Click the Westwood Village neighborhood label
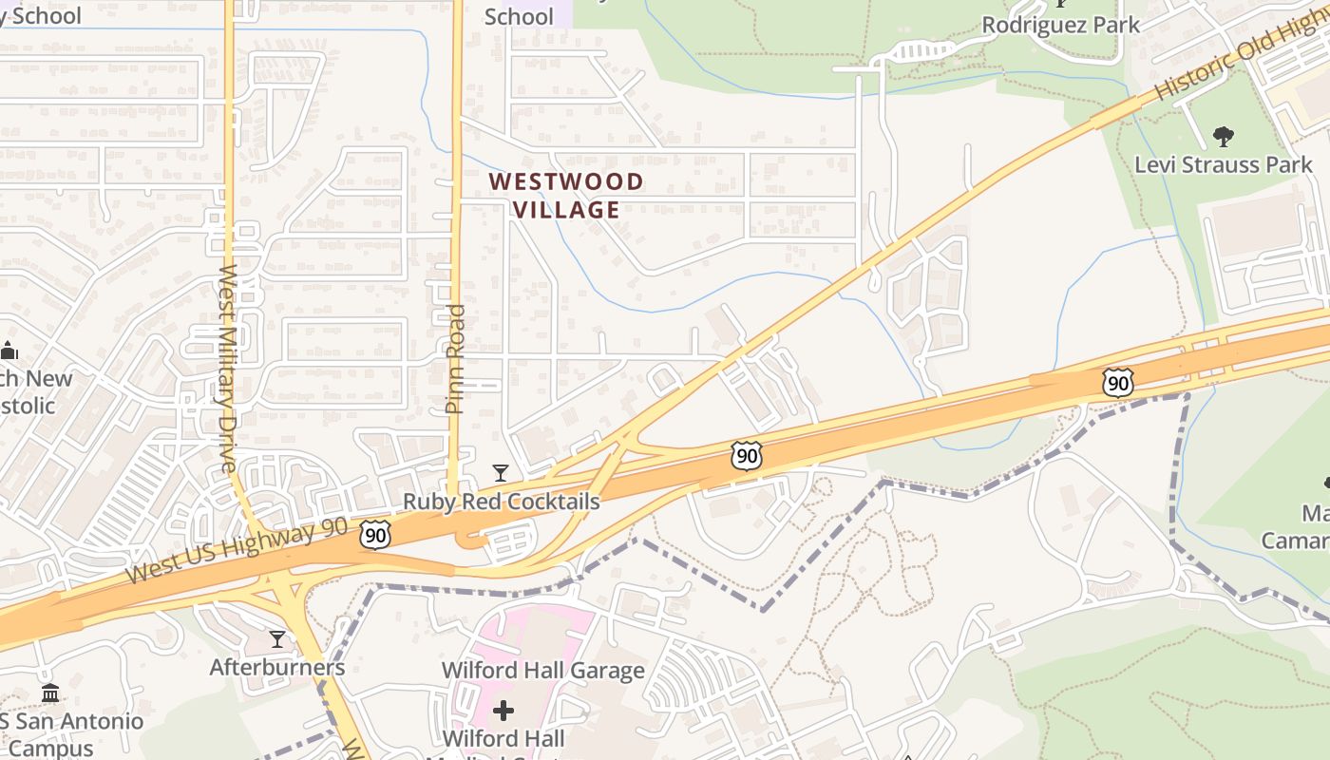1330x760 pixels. [566, 196]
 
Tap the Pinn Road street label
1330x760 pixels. [455, 358]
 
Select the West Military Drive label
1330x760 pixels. [228, 368]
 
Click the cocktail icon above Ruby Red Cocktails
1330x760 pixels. [501, 472]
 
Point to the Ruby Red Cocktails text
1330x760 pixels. [501, 502]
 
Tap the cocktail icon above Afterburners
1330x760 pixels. [277, 639]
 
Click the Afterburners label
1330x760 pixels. [277, 667]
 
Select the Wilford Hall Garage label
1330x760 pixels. [542, 671]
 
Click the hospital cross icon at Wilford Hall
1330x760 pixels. [503, 711]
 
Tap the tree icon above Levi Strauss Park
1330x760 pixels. [1224, 137]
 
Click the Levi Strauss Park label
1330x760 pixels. [1224, 164]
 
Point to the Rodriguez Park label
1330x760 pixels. [1060, 25]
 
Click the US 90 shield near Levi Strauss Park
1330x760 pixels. [1118, 383]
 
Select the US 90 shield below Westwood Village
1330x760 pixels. [747, 456]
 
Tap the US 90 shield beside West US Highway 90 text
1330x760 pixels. [376, 535]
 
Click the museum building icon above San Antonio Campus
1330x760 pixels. [50, 693]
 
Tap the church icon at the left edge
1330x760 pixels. [9, 351]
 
